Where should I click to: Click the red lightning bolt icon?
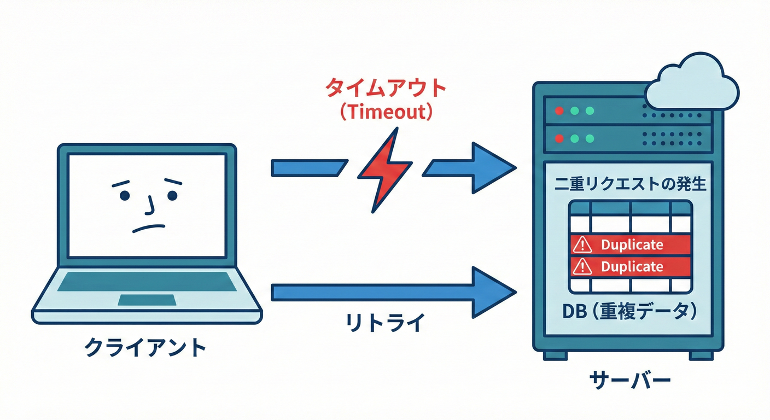[x=384, y=170]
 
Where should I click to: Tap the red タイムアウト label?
[x=386, y=88]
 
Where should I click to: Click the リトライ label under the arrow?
[x=385, y=323]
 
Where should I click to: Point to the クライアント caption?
[x=146, y=348]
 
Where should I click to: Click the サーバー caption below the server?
[x=629, y=380]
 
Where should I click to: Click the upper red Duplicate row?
[x=631, y=244]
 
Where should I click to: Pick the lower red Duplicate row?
[x=631, y=266]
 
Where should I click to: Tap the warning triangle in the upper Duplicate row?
[x=582, y=245]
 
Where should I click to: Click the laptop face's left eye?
[x=125, y=195]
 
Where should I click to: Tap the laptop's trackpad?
[x=147, y=300]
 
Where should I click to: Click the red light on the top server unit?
[x=559, y=110]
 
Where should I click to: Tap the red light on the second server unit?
[x=559, y=137]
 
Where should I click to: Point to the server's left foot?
[x=555, y=355]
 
